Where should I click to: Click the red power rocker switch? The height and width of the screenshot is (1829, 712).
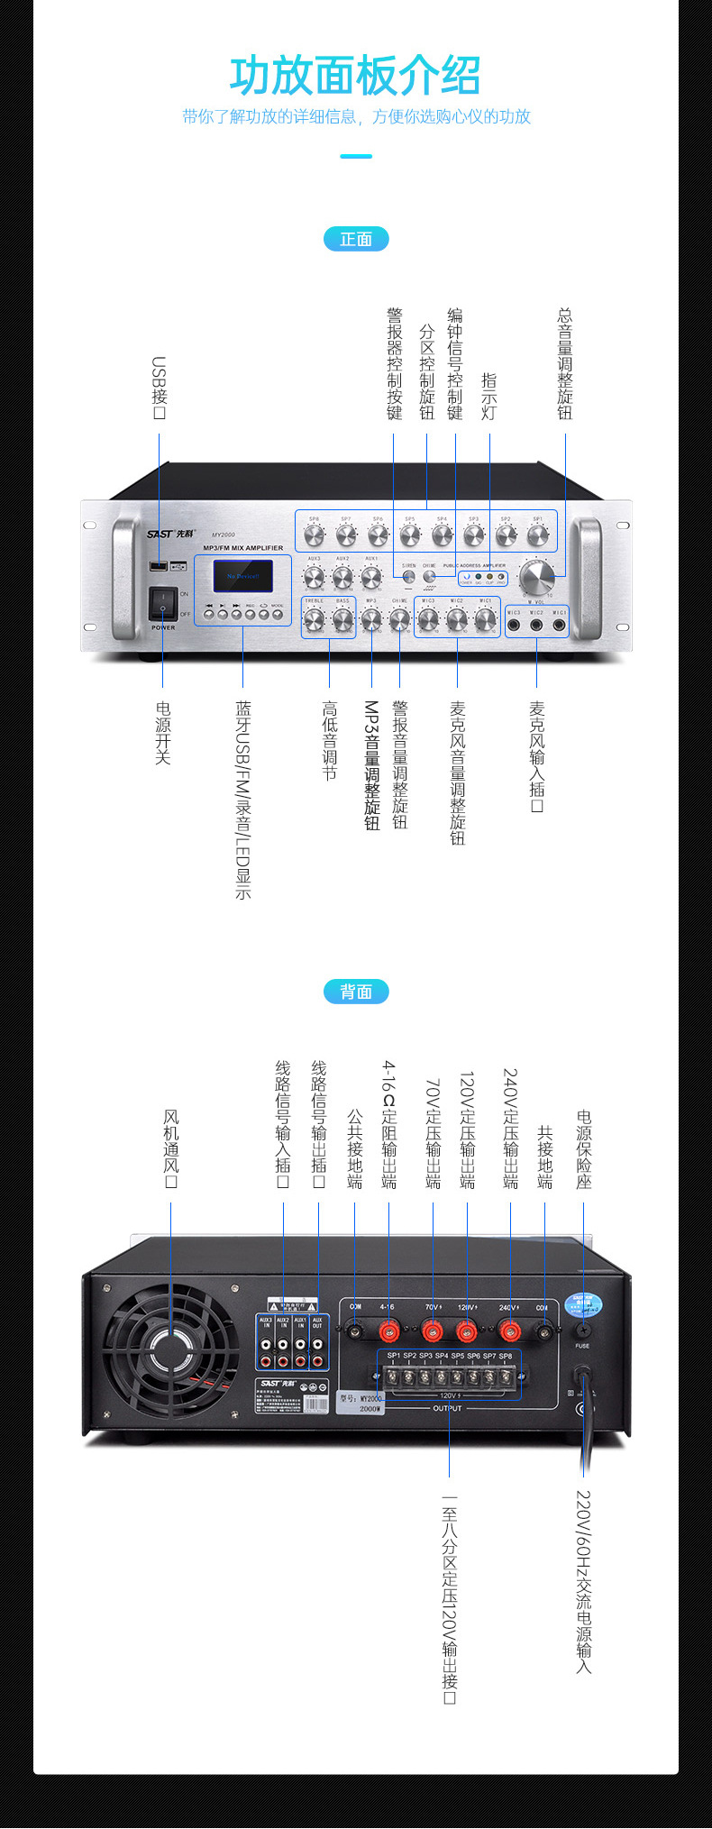pyautogui.click(x=163, y=603)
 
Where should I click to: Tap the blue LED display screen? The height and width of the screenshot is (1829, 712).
pyautogui.click(x=242, y=576)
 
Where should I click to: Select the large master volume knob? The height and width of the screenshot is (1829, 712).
pyautogui.click(x=537, y=575)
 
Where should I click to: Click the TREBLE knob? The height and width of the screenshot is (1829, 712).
pyautogui.click(x=314, y=619)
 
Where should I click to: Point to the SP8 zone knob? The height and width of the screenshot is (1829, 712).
pyautogui.click(x=314, y=535)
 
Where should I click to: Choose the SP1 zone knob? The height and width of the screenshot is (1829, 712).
pyautogui.click(x=538, y=535)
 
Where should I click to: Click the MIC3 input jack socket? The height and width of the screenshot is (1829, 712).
pyautogui.click(x=514, y=624)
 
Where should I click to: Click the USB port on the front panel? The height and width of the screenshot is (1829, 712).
pyautogui.click(x=158, y=566)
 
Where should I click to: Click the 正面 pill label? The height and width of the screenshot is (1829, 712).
pyautogui.click(x=356, y=239)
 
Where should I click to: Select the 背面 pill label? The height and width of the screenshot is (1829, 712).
pyautogui.click(x=356, y=992)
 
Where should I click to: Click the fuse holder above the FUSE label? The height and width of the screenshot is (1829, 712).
pyautogui.click(x=583, y=1330)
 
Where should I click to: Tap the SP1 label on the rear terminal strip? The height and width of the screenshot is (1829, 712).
pyautogui.click(x=394, y=1356)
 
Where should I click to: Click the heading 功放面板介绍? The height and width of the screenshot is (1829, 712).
pyautogui.click(x=355, y=76)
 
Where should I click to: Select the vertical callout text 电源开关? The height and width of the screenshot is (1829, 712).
pyautogui.click(x=163, y=733)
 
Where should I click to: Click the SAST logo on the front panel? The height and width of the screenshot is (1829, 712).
pyautogui.click(x=160, y=534)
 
